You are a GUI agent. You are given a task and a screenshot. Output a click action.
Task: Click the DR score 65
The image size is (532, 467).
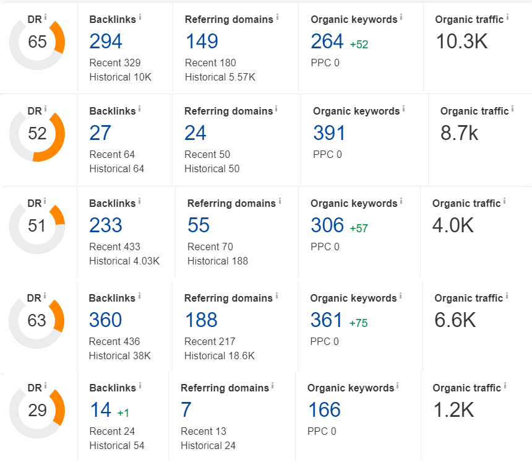pos(37,42)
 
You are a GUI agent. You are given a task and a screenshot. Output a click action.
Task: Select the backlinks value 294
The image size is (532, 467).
pos(106,41)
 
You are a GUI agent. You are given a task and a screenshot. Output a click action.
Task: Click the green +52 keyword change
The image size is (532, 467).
pos(359,45)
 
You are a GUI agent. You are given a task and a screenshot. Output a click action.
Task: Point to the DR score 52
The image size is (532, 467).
pos(37,134)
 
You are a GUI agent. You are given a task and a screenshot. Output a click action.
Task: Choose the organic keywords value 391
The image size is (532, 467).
pos(329,133)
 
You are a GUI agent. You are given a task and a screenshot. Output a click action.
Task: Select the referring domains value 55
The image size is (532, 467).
pos(199,225)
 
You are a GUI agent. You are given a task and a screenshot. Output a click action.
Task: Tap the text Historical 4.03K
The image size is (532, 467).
pos(124,261)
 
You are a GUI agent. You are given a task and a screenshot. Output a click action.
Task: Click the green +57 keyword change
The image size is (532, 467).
pos(359,229)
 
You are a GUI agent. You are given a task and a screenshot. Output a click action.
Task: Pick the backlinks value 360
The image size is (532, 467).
pos(105,320)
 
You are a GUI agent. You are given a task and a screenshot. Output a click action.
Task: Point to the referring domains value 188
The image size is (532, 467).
pos(201,320)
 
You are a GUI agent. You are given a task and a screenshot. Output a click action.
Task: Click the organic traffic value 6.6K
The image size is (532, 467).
pos(455,320)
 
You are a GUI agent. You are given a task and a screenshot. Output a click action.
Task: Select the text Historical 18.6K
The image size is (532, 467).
pos(220,356)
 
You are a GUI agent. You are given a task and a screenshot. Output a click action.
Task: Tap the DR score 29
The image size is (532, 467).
pos(37,410)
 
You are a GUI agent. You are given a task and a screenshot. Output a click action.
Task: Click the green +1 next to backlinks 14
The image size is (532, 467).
pos(123,412)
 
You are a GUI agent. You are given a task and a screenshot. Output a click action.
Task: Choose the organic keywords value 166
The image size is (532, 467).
pos(324,409)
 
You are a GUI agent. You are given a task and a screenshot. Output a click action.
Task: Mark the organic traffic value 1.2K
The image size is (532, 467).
pos(453,409)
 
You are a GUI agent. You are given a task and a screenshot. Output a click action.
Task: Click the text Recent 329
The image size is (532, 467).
pos(115,63)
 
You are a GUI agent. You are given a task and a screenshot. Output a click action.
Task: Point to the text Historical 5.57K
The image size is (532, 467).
pos(220,77)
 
